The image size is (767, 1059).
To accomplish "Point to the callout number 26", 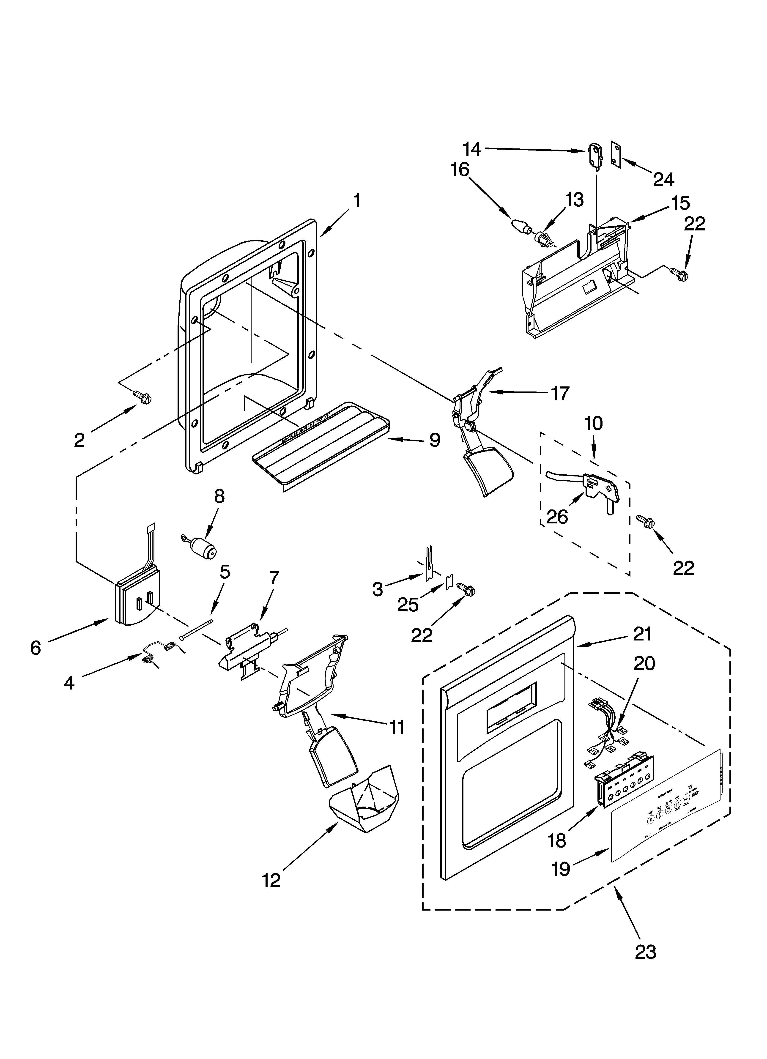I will tap(557, 516).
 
